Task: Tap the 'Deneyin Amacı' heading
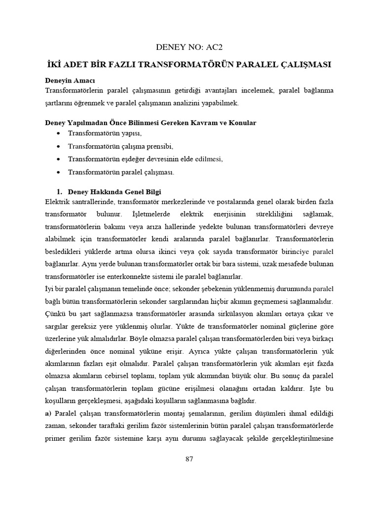coord(70,80)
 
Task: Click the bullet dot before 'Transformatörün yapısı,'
coord(59,133)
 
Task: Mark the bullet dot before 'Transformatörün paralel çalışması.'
coord(59,172)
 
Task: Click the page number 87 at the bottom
coord(189,459)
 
